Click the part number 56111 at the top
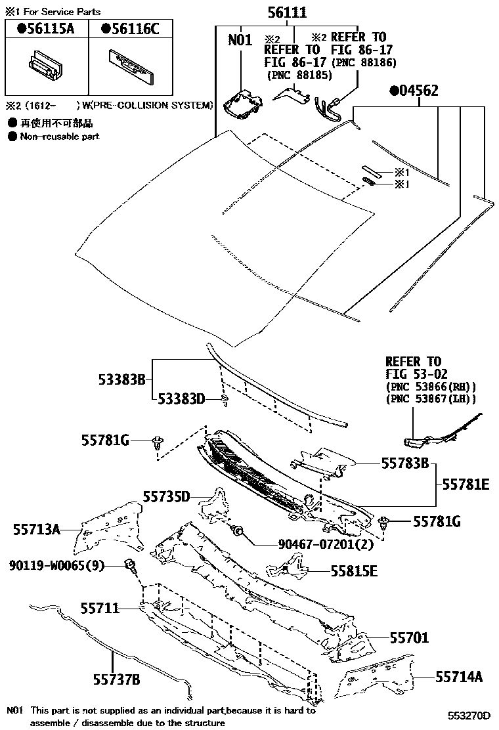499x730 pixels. coord(288,13)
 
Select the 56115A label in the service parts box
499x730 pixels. coord(46,29)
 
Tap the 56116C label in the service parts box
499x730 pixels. coord(130,29)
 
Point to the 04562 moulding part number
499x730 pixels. coord(414,91)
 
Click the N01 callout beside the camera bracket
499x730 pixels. coord(240,40)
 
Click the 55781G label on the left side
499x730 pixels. coord(105,440)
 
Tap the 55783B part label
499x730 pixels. coord(405,463)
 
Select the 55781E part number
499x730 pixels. coord(466,484)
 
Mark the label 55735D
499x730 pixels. coord(167,496)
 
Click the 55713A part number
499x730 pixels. coord(37,529)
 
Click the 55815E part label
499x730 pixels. coord(354,571)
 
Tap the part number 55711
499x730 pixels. coord(100,609)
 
